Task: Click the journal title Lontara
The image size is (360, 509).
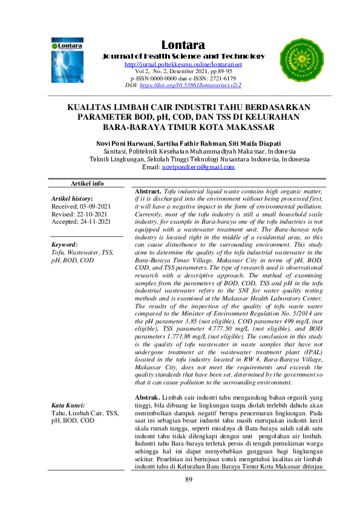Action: (183, 45)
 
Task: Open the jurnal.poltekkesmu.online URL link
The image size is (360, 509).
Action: (183, 65)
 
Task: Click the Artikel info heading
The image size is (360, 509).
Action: (88, 183)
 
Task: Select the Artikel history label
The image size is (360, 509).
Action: (72, 198)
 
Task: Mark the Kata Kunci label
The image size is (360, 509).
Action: (67, 404)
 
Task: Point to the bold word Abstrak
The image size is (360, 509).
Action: (147, 396)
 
